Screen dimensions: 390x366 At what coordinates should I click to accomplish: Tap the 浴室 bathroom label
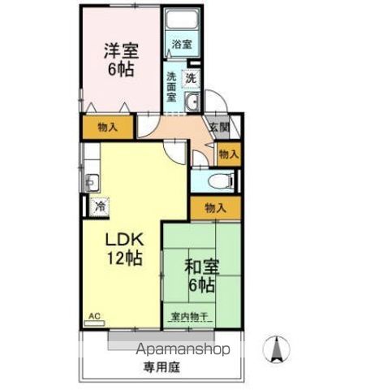[x=182, y=45]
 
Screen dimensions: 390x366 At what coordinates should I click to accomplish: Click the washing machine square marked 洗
[x=191, y=79]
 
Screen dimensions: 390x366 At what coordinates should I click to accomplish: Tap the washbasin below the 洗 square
[x=192, y=102]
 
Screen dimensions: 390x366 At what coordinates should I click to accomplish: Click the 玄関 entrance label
[x=218, y=127]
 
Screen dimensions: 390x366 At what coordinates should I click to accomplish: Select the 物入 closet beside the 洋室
[x=106, y=127]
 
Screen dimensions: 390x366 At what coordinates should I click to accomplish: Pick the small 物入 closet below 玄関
[x=229, y=153]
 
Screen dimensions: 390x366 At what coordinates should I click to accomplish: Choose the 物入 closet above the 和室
[x=215, y=208]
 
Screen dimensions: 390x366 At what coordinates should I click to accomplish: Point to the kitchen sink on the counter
[x=91, y=182]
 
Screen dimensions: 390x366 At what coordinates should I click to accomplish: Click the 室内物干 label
[x=189, y=315]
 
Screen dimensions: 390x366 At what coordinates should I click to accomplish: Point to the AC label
[x=94, y=315]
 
